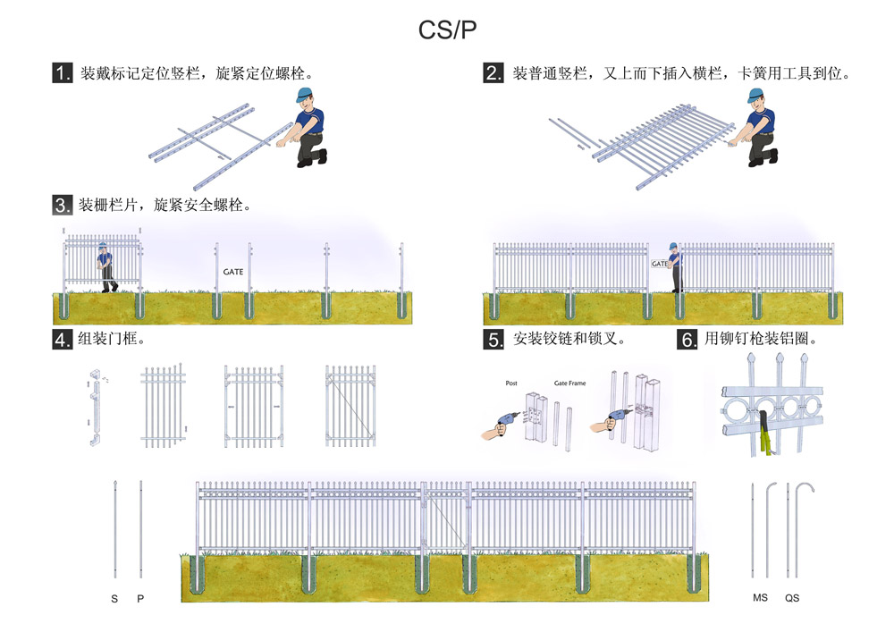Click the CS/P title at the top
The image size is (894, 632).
pyautogui.click(x=448, y=29)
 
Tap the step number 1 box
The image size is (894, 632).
pyautogui.click(x=62, y=73)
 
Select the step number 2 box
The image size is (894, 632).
pyautogui.click(x=493, y=73)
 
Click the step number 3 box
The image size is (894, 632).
pyautogui.click(x=62, y=205)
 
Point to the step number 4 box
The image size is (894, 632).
pyautogui.click(x=62, y=340)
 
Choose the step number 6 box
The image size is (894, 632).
pyautogui.click(x=687, y=340)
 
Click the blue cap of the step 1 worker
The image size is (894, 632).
pyautogui.click(x=305, y=95)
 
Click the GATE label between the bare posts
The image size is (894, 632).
pyautogui.click(x=232, y=271)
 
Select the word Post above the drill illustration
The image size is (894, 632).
pyautogui.click(x=511, y=383)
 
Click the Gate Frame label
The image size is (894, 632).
pyautogui.click(x=569, y=383)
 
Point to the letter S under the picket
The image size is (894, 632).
pyautogui.click(x=114, y=598)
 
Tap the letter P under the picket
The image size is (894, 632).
pyautogui.click(x=140, y=598)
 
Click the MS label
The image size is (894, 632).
pyautogui.click(x=760, y=598)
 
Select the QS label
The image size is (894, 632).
pyautogui.click(x=792, y=598)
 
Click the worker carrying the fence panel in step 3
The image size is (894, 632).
pyautogui.click(x=106, y=265)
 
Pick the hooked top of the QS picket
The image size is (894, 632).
pyautogui.click(x=807, y=487)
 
